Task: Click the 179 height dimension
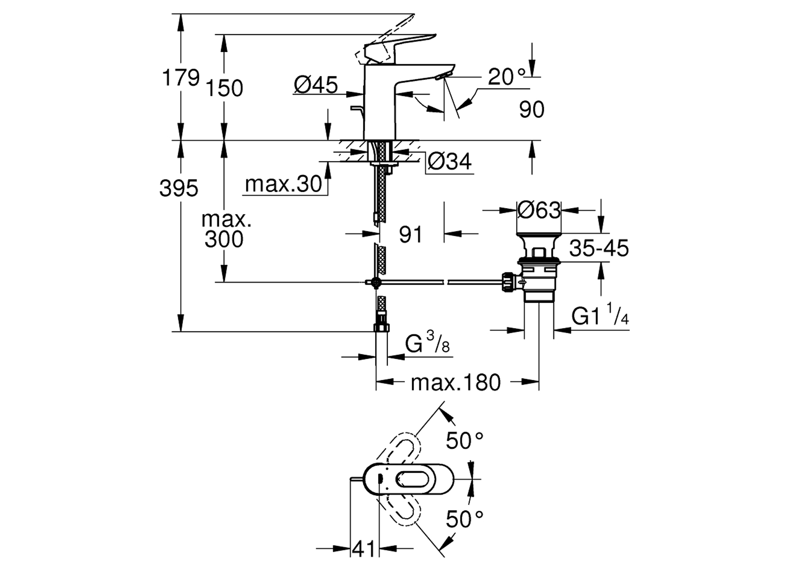181,78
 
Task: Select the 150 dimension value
224,88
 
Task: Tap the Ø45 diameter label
316,84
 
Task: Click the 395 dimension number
179,188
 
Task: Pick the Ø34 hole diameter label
449,161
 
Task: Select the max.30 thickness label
284,184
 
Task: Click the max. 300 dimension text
225,229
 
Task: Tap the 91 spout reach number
410,235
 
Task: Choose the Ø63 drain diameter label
539,210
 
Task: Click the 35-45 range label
599,248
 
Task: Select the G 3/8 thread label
427,344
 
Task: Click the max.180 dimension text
456,382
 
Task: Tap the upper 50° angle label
464,440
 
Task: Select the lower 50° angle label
464,519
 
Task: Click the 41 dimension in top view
364,549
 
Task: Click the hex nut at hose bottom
381,327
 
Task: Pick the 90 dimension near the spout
531,109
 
